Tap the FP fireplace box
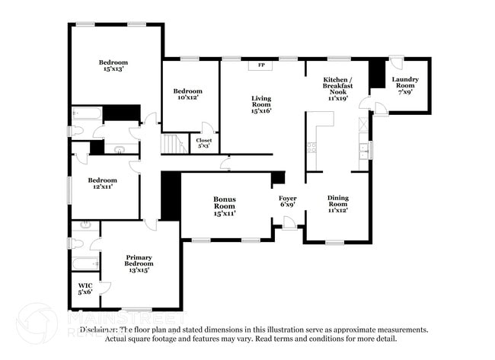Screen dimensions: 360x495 [261, 65]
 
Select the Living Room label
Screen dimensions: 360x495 [261, 104]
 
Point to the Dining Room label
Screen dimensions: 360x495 [337, 204]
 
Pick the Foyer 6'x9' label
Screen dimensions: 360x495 [287, 202]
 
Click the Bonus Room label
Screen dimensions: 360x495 [224, 206]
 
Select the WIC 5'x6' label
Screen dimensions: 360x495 [85, 290]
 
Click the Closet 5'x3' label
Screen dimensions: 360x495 [203, 143]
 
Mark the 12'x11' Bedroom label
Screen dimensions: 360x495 [102, 184]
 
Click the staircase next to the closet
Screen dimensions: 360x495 [174, 143]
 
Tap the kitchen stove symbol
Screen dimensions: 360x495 [311, 146]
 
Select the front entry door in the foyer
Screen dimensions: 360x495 [289, 223]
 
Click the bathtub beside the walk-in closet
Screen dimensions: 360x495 [84, 263]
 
